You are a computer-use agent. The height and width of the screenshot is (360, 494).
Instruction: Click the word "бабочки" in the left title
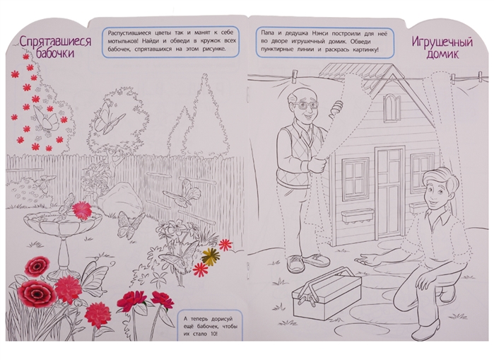click(55, 52)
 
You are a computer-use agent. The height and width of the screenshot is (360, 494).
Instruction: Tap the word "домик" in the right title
click(442, 54)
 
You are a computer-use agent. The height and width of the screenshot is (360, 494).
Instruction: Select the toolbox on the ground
click(327, 292)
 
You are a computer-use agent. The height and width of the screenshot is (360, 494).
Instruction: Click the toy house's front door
click(389, 192)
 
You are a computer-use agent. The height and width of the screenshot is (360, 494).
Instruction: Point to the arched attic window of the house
click(392, 108)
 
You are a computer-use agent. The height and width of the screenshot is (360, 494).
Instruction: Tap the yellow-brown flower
click(211, 255)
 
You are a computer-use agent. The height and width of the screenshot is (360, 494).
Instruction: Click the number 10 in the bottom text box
click(213, 334)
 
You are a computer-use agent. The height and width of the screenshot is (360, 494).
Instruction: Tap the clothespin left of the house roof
click(295, 76)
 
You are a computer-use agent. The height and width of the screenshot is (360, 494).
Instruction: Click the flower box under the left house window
click(358, 216)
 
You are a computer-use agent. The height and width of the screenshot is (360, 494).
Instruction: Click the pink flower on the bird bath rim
click(81, 210)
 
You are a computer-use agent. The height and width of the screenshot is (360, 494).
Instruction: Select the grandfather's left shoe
click(295, 264)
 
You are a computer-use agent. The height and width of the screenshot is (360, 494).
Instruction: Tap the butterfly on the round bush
click(109, 119)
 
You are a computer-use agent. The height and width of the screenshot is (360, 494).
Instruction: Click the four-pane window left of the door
click(355, 178)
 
